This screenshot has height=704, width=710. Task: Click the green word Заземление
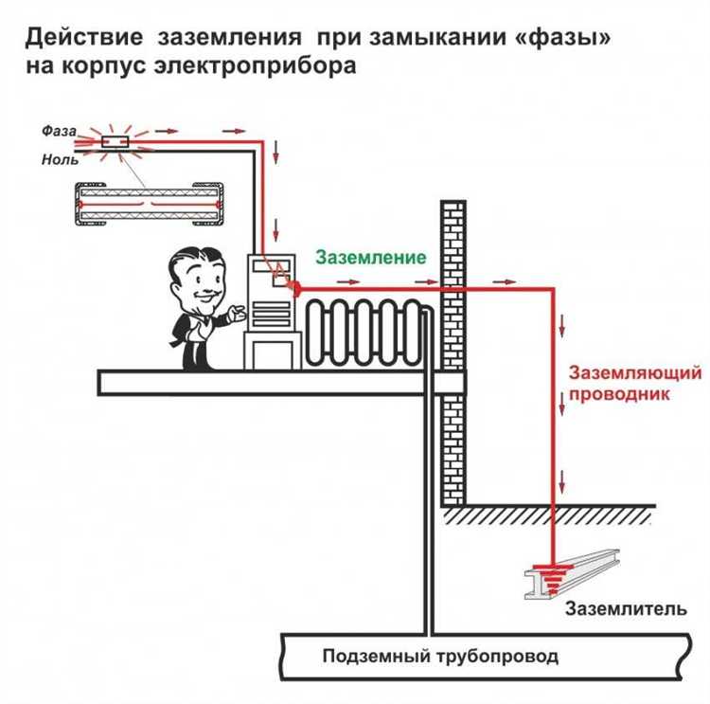370,258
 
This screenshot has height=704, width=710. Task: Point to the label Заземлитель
625,608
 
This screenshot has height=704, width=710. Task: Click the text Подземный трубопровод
440,656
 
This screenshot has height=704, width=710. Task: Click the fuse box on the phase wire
116,142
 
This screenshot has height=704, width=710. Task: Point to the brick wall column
454,351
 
